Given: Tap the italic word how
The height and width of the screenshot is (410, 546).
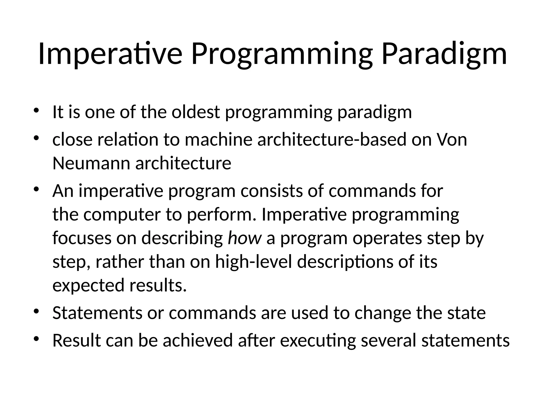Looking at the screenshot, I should tap(244, 238).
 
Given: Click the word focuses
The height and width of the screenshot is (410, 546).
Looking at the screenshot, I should tap(82, 238).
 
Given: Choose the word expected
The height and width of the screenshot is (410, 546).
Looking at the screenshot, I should tap(88, 285).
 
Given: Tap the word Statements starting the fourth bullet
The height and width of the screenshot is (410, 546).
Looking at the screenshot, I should tap(97, 313).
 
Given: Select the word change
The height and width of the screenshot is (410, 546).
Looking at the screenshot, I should tap(383, 313).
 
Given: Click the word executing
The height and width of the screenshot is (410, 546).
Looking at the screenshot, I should tap(318, 341).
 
